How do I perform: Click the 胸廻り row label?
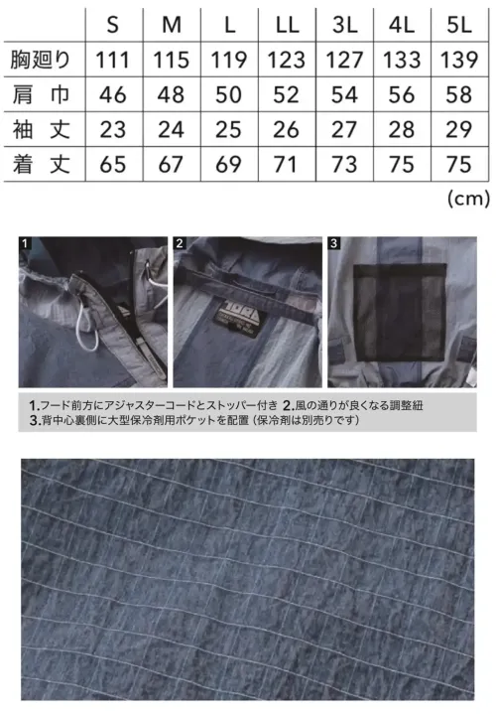39,61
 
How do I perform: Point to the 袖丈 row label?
39,129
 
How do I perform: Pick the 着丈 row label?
39,164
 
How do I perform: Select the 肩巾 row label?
39,95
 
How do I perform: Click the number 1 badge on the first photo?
25,242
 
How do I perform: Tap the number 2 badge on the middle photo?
180,242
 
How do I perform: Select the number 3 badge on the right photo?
334,242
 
